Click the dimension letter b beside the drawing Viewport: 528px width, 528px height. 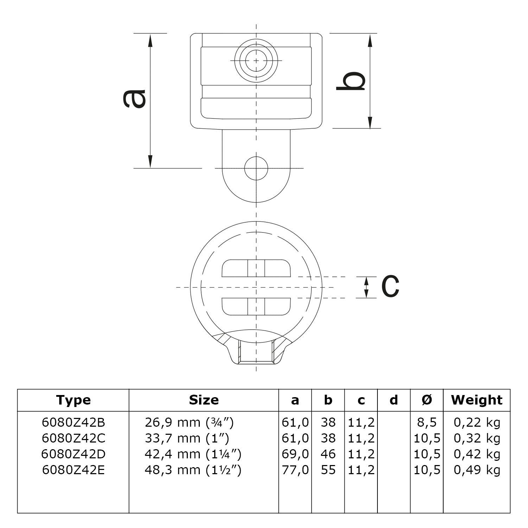(351, 81)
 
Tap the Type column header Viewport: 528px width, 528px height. (73, 400)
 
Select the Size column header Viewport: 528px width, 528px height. (204, 400)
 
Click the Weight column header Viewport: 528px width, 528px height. (477, 400)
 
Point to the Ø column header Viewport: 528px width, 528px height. (426, 400)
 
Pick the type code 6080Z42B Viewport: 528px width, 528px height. (73, 422)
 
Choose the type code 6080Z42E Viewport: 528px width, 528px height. (73, 470)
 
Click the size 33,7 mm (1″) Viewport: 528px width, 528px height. (187, 438)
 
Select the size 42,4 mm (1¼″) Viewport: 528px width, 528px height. (193, 454)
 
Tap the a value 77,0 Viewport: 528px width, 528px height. (295, 470)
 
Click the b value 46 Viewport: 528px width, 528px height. (328, 454)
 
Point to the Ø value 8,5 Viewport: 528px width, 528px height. (426, 422)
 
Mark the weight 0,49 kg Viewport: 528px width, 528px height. (477, 470)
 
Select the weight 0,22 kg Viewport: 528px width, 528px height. (477, 422)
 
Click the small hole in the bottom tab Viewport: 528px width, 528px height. (256, 168)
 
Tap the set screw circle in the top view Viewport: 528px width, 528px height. (256, 61)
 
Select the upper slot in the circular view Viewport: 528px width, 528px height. (256, 268)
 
